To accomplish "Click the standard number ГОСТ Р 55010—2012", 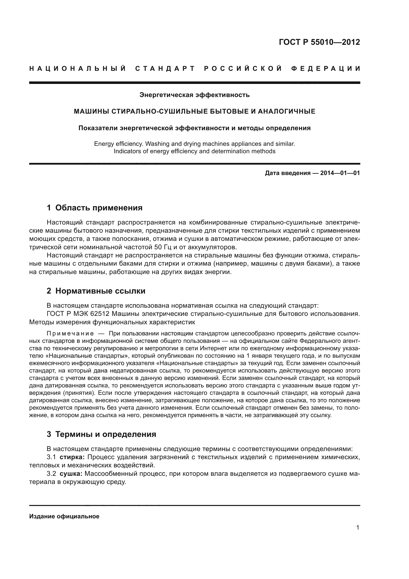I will click(319, 42).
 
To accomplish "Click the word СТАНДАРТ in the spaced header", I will click(165, 69).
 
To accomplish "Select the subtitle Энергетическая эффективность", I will click(194, 95).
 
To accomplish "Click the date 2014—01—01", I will click(340, 173).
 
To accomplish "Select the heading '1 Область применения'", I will click(94, 208).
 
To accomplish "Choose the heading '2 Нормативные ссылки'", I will click(96, 291).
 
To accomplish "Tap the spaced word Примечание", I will click(70, 334).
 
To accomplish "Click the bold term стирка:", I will click(72, 457).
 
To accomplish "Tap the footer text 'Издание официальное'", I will click(64, 516).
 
